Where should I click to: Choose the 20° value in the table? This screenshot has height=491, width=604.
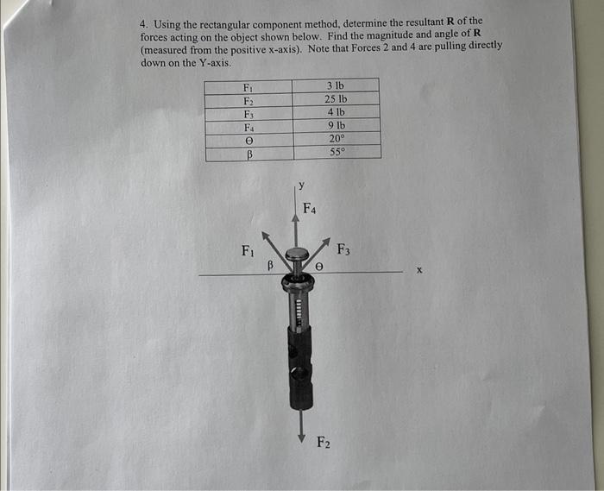(337, 138)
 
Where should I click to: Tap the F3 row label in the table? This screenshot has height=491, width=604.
(248, 112)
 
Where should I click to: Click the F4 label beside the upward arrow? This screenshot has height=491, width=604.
(310, 209)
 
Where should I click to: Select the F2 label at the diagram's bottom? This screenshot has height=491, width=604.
(322, 444)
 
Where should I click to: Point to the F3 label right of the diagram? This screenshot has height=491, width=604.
(343, 251)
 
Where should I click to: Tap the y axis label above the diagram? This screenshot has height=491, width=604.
(300, 184)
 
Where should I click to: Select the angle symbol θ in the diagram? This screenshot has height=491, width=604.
(318, 268)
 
